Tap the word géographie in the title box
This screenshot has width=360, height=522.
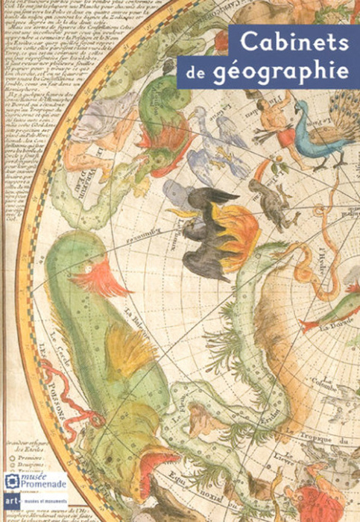[303, 72]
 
